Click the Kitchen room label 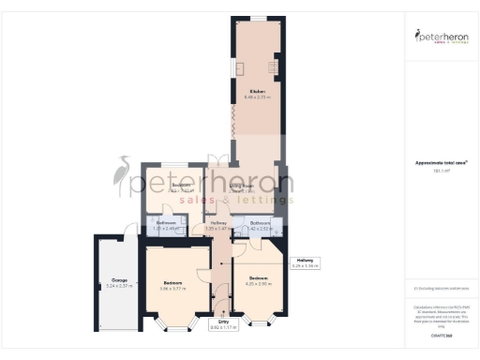[256, 91]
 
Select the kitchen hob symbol [276, 67]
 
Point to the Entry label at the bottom [223, 322]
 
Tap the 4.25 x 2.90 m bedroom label [258, 282]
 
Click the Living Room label [243, 187]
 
